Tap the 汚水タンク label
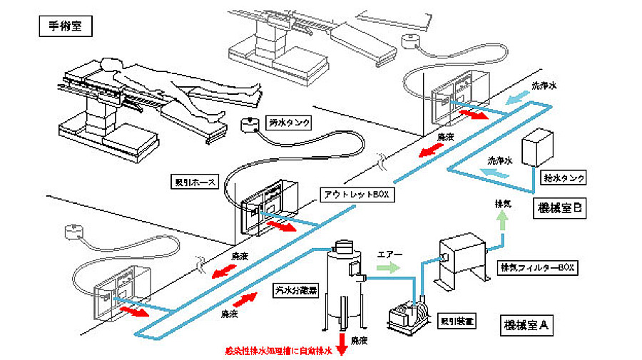pos(287,123)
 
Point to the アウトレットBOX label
pos(355,194)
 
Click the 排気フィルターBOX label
pos(536,269)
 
